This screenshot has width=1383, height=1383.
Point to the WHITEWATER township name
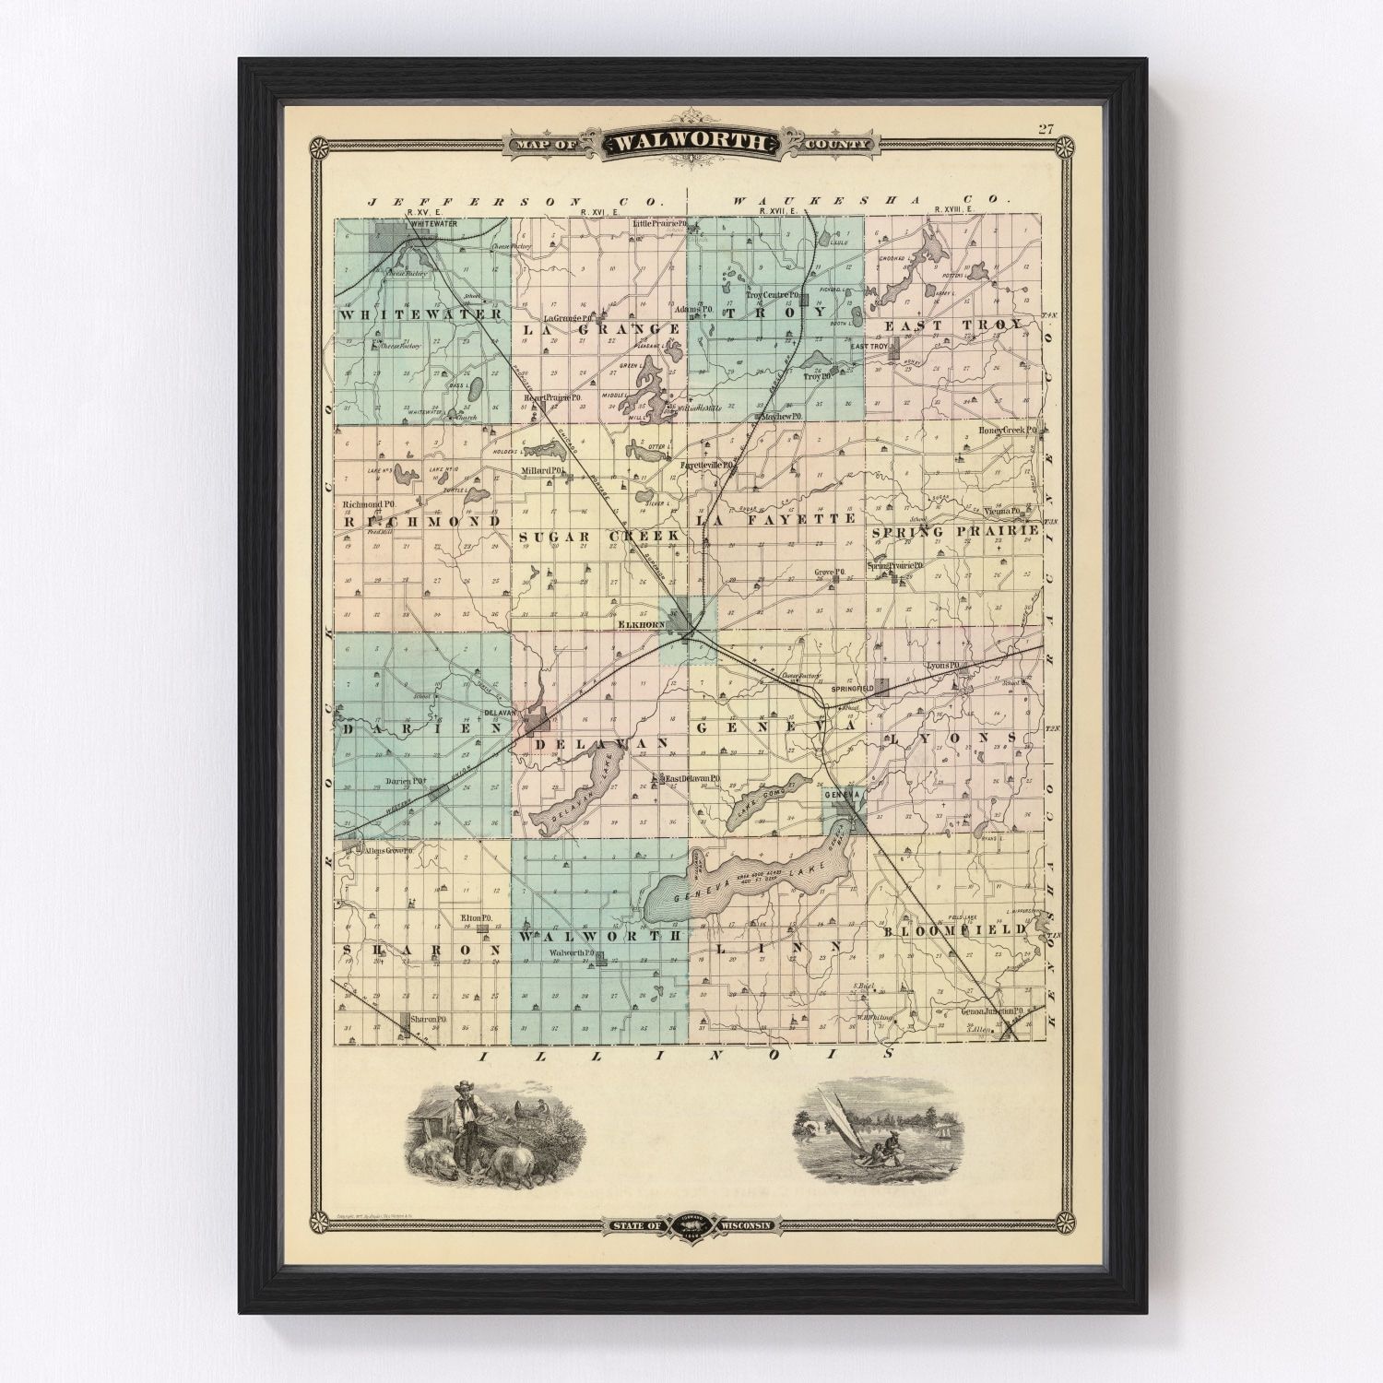(420, 314)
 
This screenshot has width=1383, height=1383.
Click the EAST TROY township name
(952, 325)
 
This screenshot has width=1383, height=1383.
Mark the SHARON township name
(420, 949)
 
